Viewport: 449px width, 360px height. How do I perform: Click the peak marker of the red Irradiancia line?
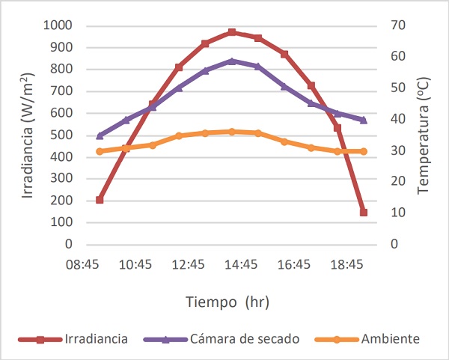232,32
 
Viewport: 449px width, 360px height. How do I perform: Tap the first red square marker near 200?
100,200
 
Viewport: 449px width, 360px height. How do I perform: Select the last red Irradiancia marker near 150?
364,212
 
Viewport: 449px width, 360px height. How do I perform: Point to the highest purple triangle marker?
232,61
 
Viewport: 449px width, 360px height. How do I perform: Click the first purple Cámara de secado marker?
100,135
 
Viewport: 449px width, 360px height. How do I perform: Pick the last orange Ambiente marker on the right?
364,151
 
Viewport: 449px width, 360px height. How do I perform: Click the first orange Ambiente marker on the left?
100,151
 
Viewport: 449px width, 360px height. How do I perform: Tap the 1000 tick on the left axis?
58,25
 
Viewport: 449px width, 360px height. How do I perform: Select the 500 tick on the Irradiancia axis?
61,135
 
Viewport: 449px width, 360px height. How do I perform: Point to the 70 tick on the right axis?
398,25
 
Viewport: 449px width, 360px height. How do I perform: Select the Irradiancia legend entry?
96,339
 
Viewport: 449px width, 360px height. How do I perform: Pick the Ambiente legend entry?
390,339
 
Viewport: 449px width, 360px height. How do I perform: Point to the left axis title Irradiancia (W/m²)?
27,135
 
